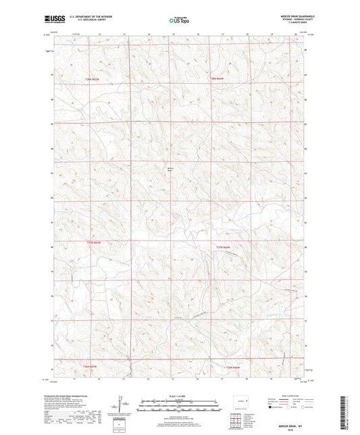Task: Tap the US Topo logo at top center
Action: click(178, 20)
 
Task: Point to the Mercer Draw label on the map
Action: click(170, 170)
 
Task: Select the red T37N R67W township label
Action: click(97, 242)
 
